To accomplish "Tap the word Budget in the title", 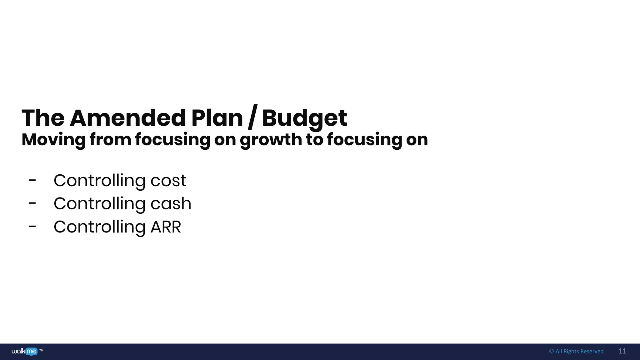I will (304, 118).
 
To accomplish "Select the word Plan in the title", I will (217, 118).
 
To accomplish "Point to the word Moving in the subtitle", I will (53, 140).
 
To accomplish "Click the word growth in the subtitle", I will (271, 140).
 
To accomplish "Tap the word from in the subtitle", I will (110, 140).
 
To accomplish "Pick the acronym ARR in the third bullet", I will (166, 227).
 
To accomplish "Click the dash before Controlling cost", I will (32, 180).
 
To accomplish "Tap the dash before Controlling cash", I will (32, 203).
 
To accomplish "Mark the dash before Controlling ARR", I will (32, 227).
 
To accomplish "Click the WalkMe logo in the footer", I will (24, 352).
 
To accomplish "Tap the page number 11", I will (622, 351).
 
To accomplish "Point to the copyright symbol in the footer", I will (551, 352).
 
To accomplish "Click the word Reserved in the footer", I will (592, 352).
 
